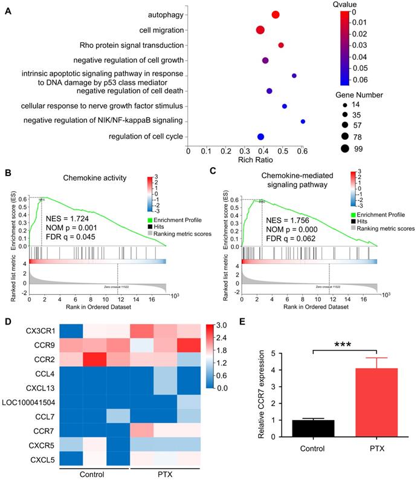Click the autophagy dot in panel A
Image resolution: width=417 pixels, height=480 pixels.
coord(276,15)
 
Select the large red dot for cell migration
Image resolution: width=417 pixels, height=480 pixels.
coord(260,30)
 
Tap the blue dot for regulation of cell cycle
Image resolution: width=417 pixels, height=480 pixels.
coord(260,137)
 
